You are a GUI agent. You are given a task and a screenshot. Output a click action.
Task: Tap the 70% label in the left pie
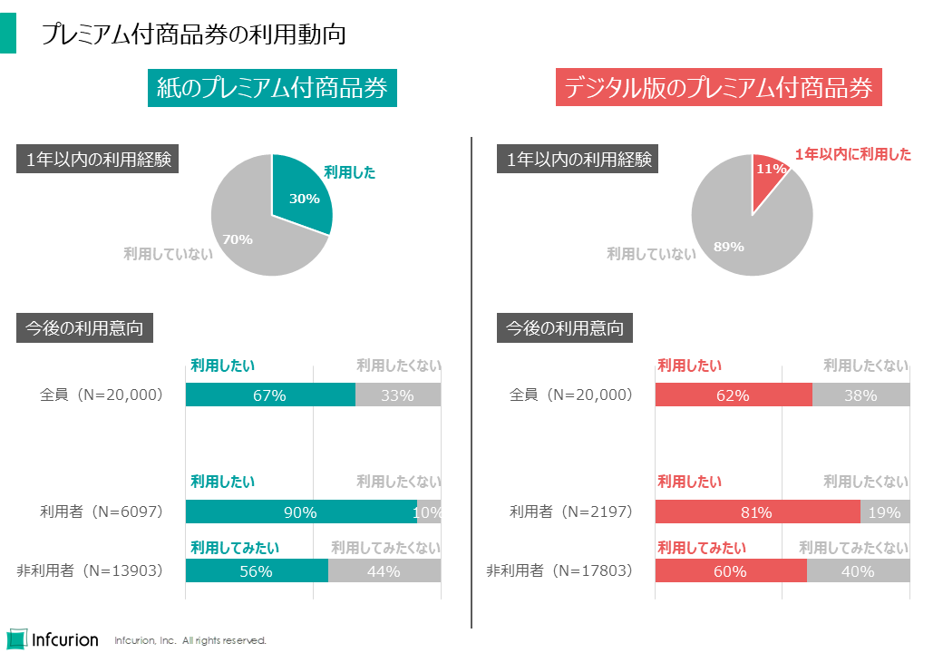pos(238,239)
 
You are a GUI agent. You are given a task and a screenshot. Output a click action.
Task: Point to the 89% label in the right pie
pos(728,246)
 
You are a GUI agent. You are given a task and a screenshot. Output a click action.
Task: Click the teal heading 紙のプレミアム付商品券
pos(272,88)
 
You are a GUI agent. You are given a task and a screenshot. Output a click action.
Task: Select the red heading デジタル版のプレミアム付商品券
pos(718,88)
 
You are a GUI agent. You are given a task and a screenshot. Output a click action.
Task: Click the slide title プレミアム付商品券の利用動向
pos(193,34)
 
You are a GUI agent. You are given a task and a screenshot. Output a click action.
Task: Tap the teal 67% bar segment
pos(270,395)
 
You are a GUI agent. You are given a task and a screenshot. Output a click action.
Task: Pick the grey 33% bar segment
pos(397,395)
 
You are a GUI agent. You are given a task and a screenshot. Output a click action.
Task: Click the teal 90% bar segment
pos(300,512)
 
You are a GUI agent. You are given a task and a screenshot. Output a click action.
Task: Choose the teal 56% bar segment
pos(257,571)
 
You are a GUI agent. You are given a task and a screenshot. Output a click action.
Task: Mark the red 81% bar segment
pos(756,512)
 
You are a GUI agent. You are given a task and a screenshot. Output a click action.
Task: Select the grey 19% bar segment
pos(884,512)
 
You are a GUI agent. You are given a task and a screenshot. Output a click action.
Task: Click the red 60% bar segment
pos(730,571)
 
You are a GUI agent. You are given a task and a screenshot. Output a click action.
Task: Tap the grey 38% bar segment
pos(860,395)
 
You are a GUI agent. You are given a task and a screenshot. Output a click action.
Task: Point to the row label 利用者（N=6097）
pos(101,512)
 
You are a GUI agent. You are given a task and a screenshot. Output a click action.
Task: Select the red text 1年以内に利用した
pos(852,155)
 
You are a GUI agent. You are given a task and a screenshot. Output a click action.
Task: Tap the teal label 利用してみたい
pos(235,548)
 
